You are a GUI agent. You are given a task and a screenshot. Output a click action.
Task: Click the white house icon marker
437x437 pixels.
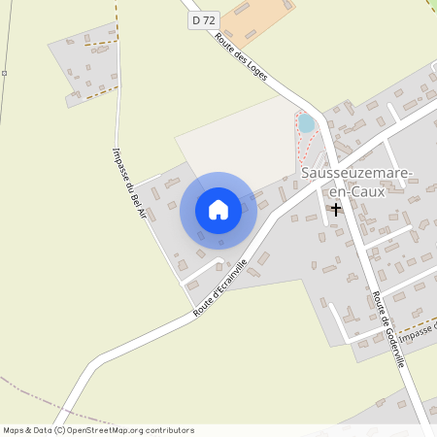point(218,210)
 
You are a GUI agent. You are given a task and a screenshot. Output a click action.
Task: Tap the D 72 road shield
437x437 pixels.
point(202,19)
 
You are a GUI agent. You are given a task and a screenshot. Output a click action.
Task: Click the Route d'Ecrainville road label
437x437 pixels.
point(220,286)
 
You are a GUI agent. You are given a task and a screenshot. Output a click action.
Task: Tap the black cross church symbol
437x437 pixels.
point(336,209)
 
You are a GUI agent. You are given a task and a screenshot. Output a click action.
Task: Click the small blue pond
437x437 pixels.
point(306,123)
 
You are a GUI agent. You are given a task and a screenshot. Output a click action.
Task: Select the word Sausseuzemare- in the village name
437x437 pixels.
point(357,173)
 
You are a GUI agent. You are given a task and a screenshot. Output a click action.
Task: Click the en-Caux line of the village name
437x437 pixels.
point(357,190)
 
